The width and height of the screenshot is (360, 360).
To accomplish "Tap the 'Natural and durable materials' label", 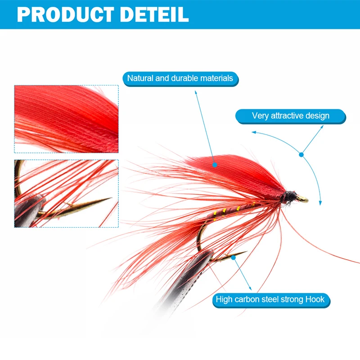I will click(x=180, y=78).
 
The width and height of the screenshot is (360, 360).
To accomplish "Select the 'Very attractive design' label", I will click(x=290, y=116).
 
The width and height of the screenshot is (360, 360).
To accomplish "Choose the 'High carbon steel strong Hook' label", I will click(x=270, y=299).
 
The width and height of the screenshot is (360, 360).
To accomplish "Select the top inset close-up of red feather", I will click(x=66, y=119).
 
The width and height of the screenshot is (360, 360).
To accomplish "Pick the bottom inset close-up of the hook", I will click(x=66, y=193).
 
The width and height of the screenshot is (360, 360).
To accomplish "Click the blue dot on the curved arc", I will click(x=301, y=154).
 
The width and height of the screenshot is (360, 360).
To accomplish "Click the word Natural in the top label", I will click(x=140, y=78).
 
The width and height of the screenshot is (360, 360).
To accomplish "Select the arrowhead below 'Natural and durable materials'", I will click(x=197, y=93).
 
